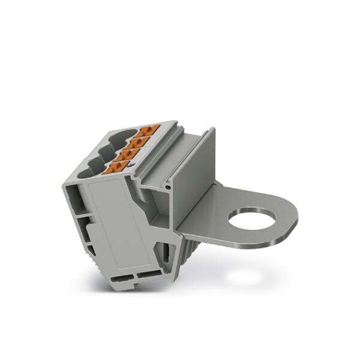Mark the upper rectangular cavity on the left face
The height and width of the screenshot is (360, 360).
point(73,195)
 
